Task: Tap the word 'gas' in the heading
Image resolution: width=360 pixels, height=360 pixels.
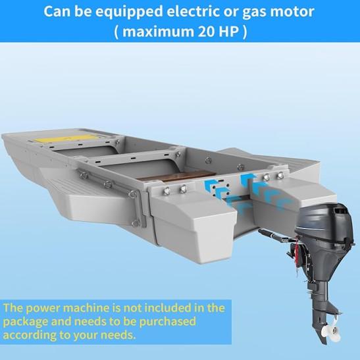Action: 254,13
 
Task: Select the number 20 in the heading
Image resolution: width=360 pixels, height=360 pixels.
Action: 206,32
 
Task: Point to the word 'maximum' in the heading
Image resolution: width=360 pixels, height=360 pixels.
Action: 158,32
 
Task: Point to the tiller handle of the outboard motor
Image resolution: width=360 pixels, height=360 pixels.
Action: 273,235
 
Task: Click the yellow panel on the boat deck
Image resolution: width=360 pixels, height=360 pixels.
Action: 66,138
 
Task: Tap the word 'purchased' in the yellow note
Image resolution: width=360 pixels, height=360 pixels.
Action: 167,321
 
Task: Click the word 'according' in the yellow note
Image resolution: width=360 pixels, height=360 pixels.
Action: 29,336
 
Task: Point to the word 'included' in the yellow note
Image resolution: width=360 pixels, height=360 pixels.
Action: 168,307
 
